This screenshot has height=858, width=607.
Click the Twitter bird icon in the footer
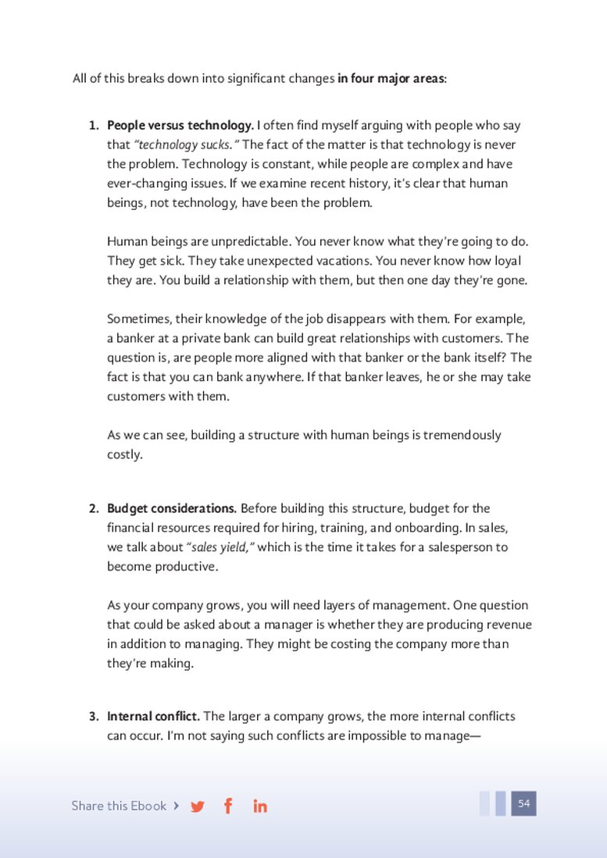tap(198, 806)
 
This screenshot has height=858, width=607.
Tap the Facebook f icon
tap(228, 806)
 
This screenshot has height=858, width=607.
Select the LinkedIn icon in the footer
tap(260, 806)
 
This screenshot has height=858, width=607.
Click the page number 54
tap(523, 803)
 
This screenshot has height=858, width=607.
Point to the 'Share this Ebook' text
tap(119, 806)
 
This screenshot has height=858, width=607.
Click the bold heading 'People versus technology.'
tap(180, 125)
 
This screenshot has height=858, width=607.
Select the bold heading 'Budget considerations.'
tap(172, 508)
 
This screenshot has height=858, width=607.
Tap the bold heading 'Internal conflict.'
tap(154, 716)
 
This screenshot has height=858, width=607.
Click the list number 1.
tap(93, 125)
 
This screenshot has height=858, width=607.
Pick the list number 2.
tap(93, 508)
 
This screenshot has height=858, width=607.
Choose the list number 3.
tap(93, 716)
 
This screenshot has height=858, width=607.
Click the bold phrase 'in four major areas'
tap(391, 79)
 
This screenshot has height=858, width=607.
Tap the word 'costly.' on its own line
tap(125, 454)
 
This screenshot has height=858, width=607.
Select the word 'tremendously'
tap(462, 435)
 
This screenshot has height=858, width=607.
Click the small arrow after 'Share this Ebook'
tap(176, 806)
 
